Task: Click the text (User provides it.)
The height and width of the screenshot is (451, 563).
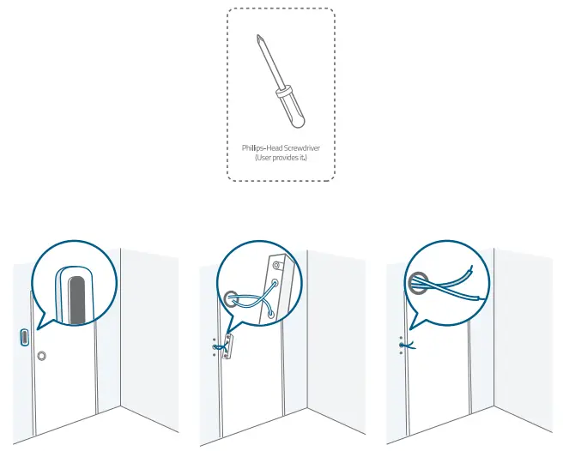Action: pos(281,159)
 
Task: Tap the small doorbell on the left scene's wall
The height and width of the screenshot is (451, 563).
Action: pos(23,334)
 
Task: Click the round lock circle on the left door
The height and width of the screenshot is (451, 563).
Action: pos(41,354)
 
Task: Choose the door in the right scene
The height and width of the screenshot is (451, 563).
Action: pos(438,386)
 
